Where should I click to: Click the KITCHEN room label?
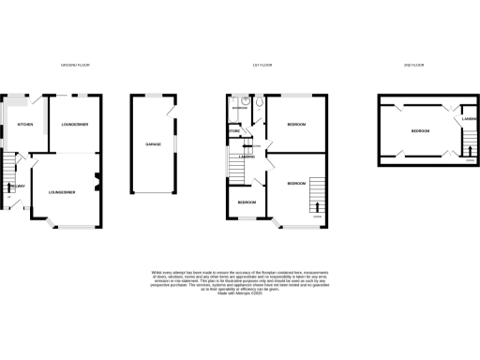25,125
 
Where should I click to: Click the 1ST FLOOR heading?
262,65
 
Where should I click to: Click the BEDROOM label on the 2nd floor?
420,130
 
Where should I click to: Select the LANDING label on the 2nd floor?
470,119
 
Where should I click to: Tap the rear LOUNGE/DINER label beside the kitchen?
75,125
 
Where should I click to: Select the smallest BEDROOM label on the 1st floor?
246,202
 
